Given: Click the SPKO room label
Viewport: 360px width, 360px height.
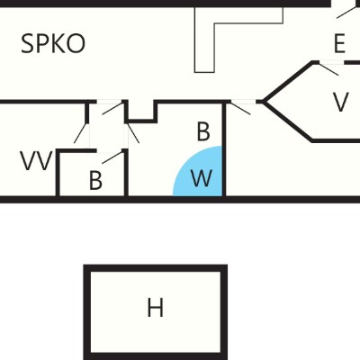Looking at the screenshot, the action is [53, 43].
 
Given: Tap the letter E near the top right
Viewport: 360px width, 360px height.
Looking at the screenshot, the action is [339, 44].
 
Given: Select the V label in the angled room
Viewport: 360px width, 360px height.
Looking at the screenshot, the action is [341, 102].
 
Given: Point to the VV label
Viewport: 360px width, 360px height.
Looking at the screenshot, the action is [36, 161].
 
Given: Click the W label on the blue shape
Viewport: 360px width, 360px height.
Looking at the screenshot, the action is [202, 178].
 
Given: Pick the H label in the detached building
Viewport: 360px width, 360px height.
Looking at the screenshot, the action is [156, 308].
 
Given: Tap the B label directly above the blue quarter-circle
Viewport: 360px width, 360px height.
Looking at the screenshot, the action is [203, 131].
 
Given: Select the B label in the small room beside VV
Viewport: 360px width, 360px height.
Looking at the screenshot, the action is [95, 180].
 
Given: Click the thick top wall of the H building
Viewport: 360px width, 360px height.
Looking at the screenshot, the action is [155, 268].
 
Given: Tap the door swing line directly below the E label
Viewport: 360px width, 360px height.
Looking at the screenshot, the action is [329, 69].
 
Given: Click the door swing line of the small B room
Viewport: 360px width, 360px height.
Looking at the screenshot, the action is [112, 157].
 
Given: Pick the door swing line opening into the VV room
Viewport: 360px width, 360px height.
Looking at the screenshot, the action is [81, 133].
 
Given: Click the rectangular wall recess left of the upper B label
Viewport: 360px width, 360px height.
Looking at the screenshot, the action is [141, 112].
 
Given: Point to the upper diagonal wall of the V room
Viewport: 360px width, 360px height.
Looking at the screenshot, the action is [289, 82].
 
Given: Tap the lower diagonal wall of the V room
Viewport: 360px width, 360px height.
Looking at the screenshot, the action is [289, 121].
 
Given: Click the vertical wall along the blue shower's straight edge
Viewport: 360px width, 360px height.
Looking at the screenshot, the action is [224, 149].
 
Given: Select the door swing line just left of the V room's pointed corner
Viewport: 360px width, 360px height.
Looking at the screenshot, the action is [241, 109].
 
